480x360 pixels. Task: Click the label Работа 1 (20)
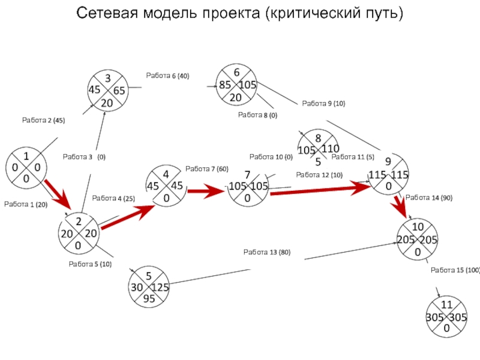point(26,205)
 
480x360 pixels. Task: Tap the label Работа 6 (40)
point(167,76)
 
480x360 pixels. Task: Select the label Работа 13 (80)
point(266,252)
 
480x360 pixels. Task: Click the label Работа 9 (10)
point(323,104)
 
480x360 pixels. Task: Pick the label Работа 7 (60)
point(207,169)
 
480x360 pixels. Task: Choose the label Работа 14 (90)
point(429,197)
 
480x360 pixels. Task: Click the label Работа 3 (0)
point(84,157)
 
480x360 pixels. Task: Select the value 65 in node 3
point(118,91)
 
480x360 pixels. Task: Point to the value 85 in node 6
point(225,85)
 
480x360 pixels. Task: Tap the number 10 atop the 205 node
point(418,227)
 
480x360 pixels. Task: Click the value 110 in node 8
point(330,148)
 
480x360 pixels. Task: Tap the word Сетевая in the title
point(110,13)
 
